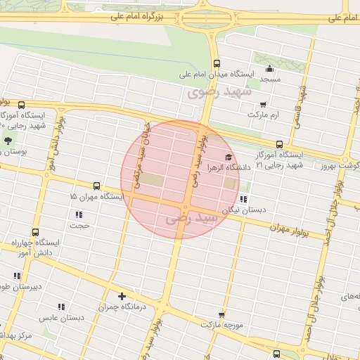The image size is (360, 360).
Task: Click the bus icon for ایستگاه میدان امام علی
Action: coord(216,62)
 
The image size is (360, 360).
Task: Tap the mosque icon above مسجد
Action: coord(270,69)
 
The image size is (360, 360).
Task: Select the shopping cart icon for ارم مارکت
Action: coord(263,105)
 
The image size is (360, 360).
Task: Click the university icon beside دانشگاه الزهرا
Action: coord(228,157)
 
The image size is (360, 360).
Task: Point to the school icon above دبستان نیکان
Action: coord(244,199)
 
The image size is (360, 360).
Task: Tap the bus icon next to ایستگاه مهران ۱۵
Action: coord(96,186)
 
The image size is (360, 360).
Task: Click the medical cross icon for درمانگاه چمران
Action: coord(122,296)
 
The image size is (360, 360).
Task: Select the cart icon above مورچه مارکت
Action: coord(221,315)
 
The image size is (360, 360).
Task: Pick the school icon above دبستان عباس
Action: coord(61,307)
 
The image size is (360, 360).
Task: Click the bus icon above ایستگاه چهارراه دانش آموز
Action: coord(36,231)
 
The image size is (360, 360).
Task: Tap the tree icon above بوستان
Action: coord(8,141)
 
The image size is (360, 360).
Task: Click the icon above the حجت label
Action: coord(79,214)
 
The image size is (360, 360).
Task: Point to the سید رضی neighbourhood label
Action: coord(191,219)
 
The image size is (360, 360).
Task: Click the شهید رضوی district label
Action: coord(214,92)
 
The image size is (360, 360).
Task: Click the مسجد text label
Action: coord(270,79)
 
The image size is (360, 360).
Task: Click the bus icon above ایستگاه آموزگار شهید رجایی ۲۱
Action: coord(280,143)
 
